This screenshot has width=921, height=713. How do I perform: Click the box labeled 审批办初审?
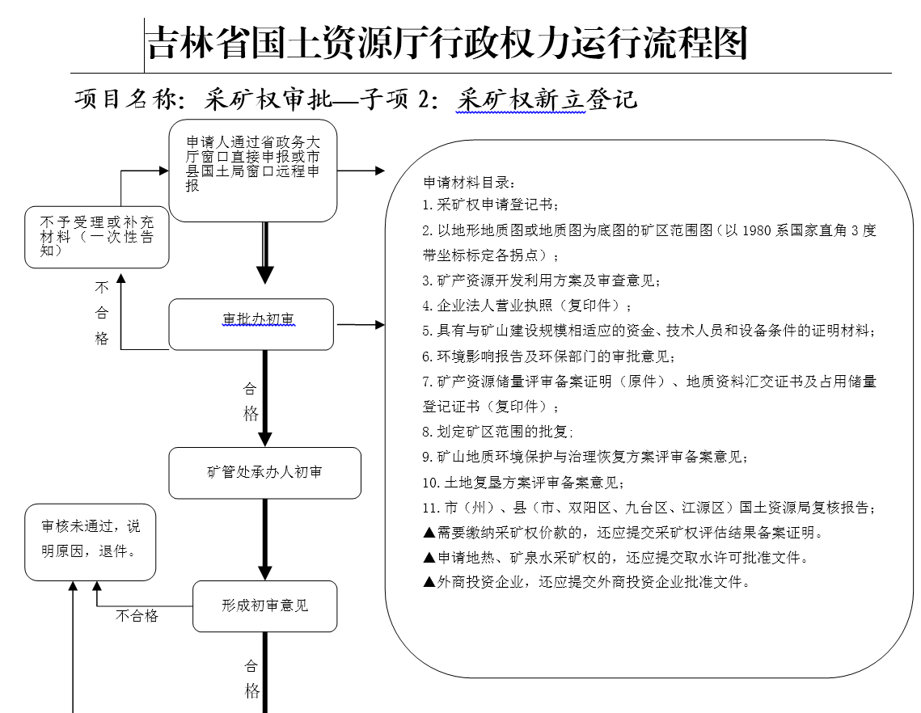coord(251,324)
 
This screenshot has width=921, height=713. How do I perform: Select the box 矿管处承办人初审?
coord(265,473)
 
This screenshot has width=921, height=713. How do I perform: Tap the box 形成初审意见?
coord(265,606)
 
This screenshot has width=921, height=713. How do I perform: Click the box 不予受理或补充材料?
coord(97,238)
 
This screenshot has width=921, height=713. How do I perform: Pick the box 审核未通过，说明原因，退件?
coord(91,542)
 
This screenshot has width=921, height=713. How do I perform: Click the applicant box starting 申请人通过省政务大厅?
coord(253,171)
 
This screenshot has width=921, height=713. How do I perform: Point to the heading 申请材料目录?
coord(469,183)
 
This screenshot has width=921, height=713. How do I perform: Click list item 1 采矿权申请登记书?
coord(491,205)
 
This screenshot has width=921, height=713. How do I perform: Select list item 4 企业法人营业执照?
coord(527,306)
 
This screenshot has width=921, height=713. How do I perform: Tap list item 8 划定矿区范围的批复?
coord(497,432)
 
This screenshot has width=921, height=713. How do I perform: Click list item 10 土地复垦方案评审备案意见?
coord(522,482)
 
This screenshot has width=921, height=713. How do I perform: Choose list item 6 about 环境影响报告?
coord(548,356)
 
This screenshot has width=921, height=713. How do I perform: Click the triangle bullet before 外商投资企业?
coord(429,582)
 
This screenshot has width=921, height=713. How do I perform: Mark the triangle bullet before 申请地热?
coord(429,557)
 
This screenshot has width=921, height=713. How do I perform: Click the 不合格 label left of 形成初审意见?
coord(137,615)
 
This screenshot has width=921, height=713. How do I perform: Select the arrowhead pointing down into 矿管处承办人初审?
coord(265,439)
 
